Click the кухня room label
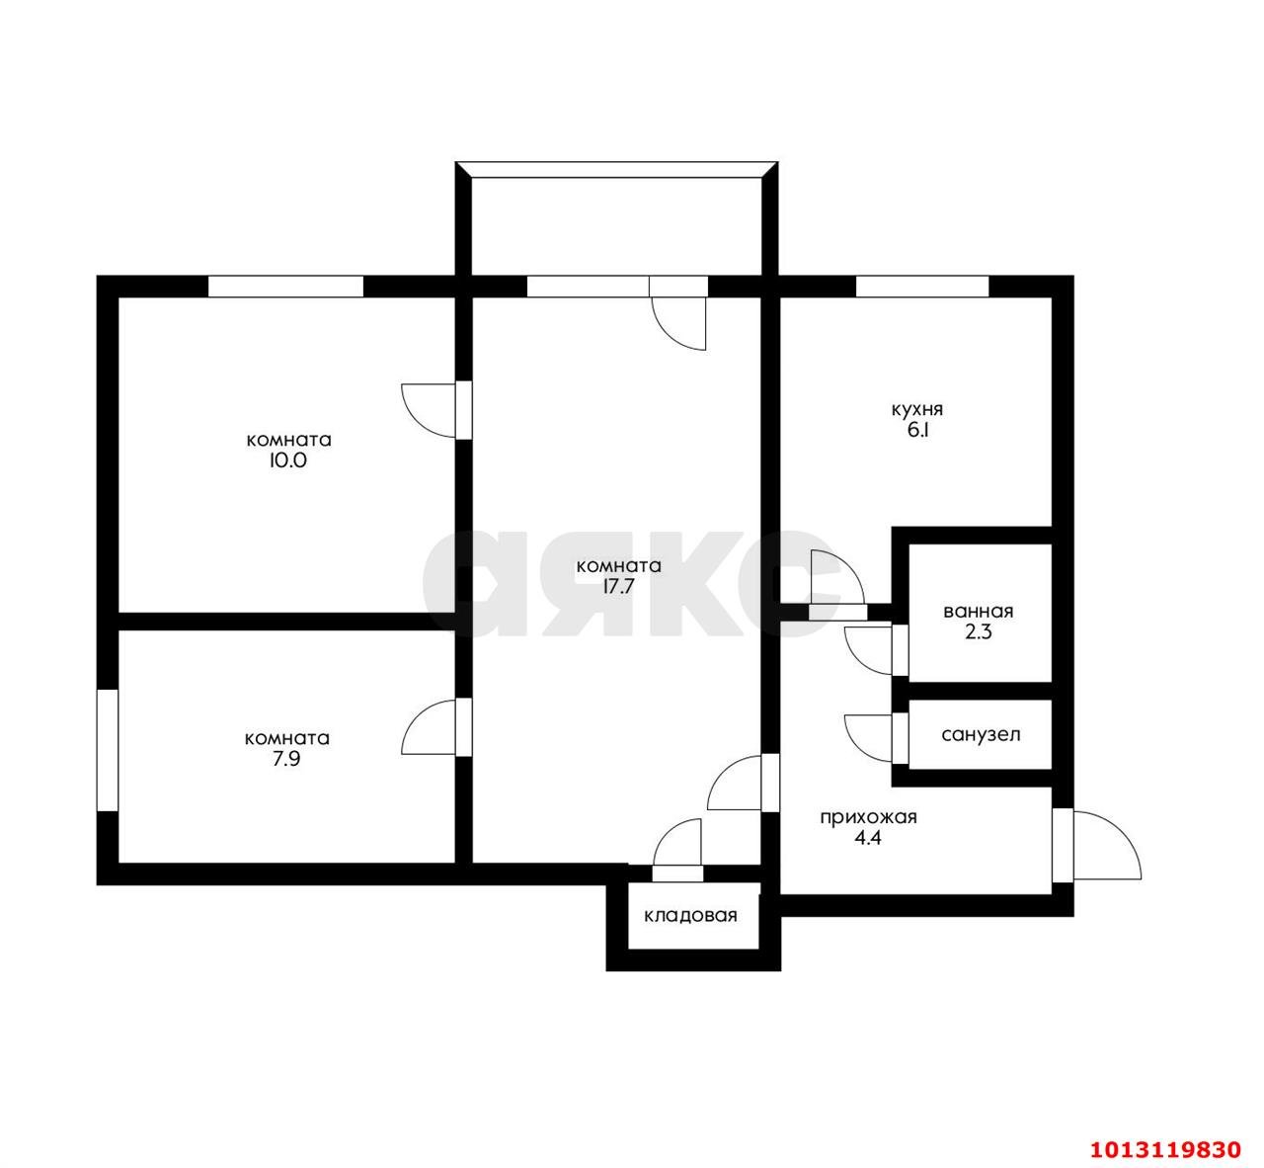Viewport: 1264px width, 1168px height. click(x=916, y=409)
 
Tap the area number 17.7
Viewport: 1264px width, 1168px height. click(x=618, y=586)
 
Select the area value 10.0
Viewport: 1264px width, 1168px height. click(x=287, y=460)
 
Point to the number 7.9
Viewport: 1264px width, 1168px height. click(x=286, y=759)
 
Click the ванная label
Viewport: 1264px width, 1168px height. click(x=979, y=612)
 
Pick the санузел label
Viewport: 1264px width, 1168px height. click(x=981, y=735)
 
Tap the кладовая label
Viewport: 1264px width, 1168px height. click(x=690, y=916)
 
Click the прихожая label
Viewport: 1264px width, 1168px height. click(x=868, y=817)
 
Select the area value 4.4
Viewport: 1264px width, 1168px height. click(x=867, y=838)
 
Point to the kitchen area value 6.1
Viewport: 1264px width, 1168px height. click(x=917, y=430)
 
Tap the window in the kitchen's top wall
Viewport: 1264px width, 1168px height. click(x=922, y=287)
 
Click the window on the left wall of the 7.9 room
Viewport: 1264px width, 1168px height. click(x=108, y=750)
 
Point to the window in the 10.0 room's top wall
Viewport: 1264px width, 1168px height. click(x=285, y=287)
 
